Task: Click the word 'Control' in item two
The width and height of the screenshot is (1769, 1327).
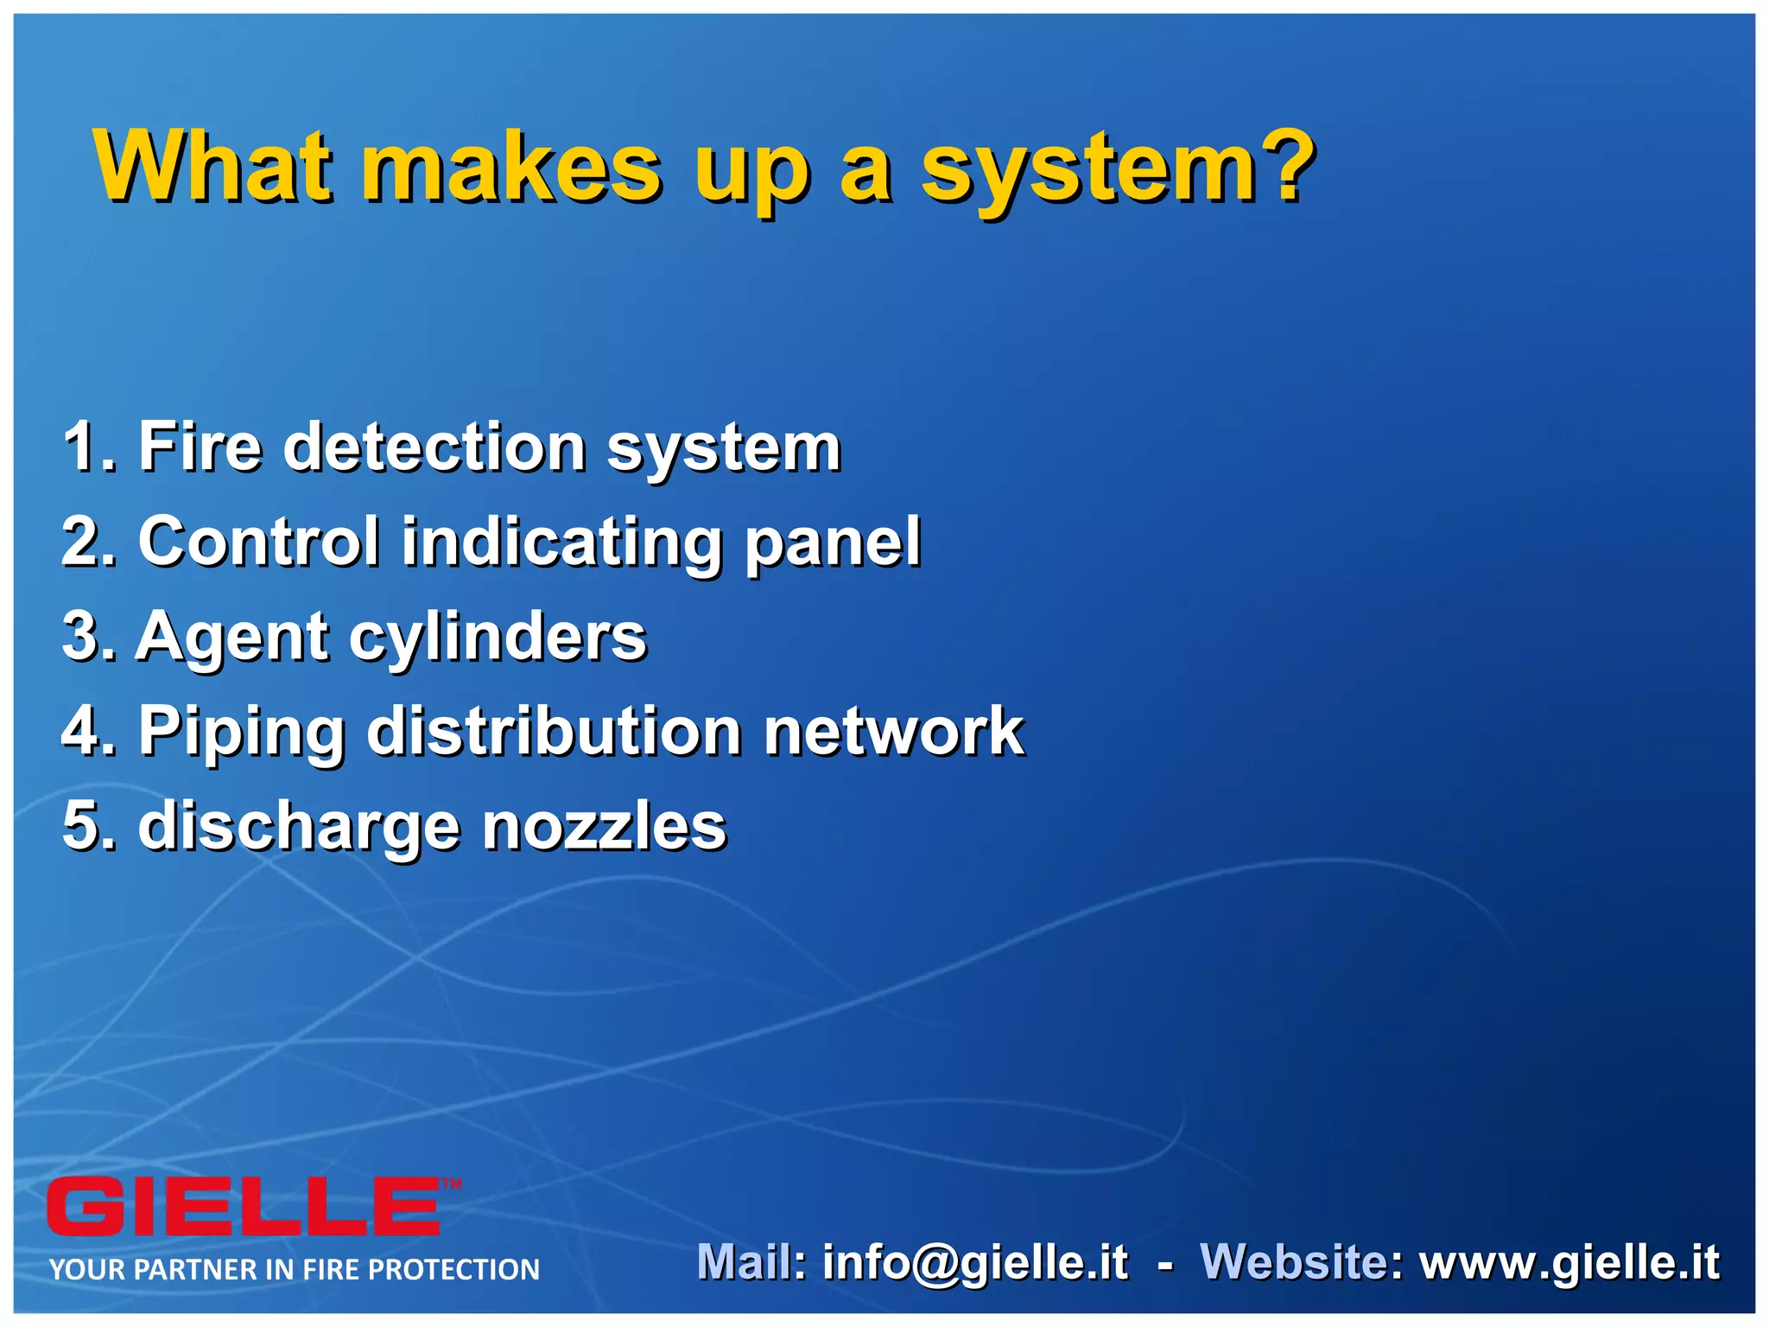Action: (258, 542)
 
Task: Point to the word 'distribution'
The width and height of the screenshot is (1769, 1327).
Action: (553, 732)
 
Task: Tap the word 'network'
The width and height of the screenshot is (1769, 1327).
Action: (893, 732)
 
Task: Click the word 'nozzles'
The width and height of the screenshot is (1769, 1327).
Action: (604, 827)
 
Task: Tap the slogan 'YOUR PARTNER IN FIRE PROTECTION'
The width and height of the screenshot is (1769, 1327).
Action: (294, 1269)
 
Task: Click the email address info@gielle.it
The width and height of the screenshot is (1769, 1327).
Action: (974, 1263)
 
